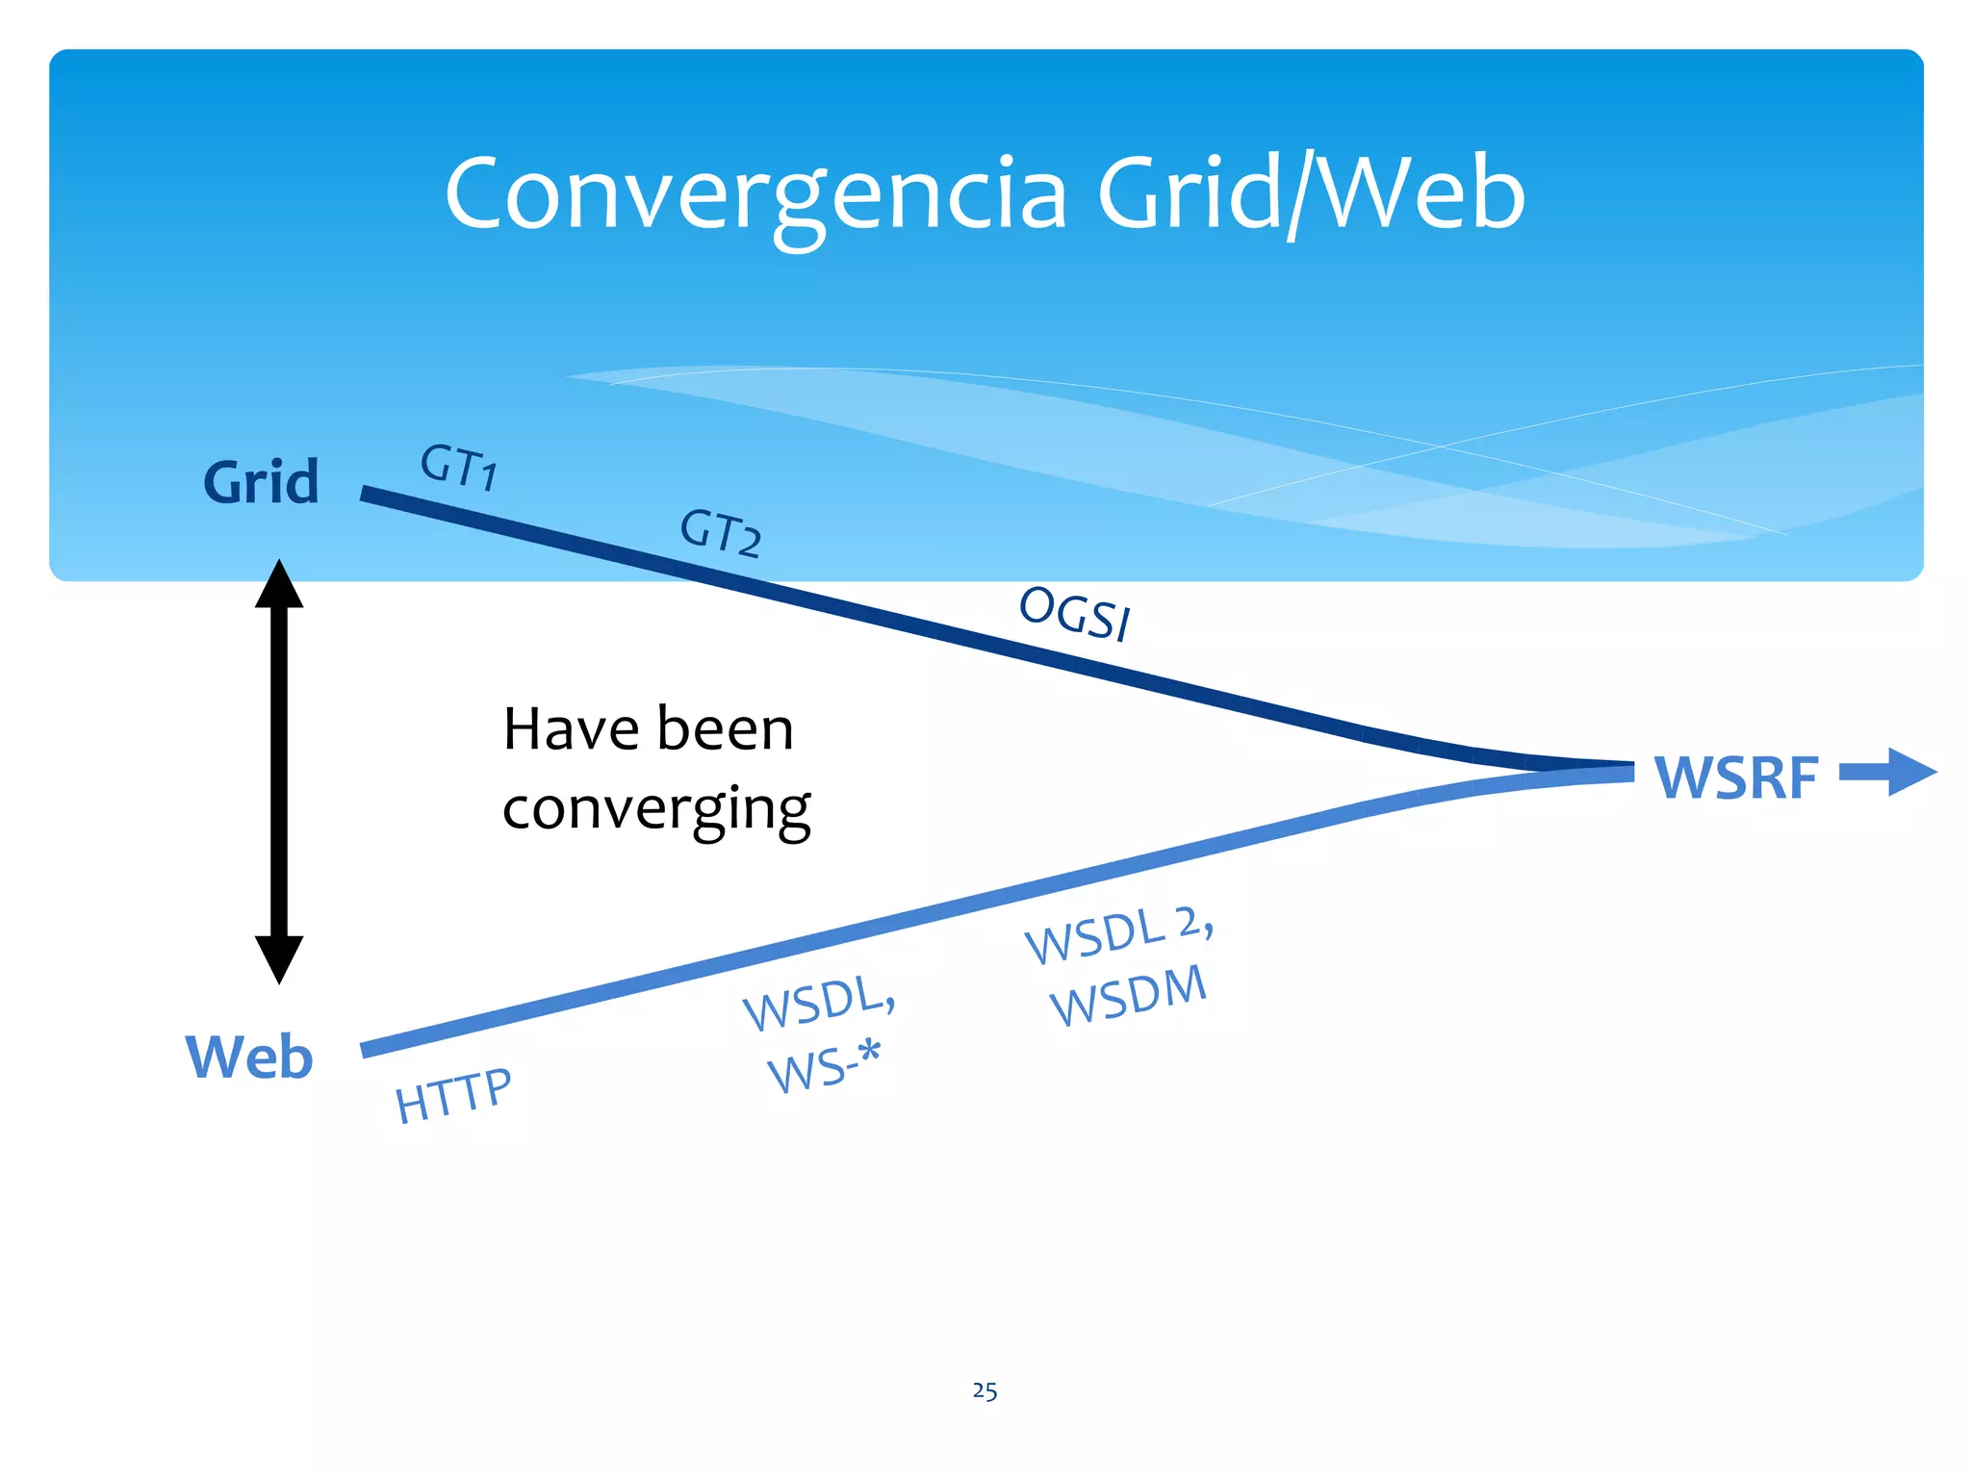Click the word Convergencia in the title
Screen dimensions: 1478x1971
pos(755,195)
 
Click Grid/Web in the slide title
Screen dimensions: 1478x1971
pos(1311,195)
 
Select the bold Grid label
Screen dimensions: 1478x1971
pos(261,482)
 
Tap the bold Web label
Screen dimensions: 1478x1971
pos(249,1057)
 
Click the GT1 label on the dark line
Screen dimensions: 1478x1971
pos(459,467)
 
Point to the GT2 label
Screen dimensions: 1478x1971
pos(721,532)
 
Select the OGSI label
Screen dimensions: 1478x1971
pos(1075,613)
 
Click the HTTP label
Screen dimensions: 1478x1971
pos(453,1096)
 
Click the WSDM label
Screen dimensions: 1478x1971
pos(1128,996)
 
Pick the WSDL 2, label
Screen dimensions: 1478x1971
pos(1119,934)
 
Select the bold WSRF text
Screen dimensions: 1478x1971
pos(1736,777)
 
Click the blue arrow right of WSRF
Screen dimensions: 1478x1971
pos(1888,772)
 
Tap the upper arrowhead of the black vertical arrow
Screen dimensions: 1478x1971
pos(279,585)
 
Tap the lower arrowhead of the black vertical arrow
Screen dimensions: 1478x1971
pos(279,958)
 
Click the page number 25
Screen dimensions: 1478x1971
pos(985,1391)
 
